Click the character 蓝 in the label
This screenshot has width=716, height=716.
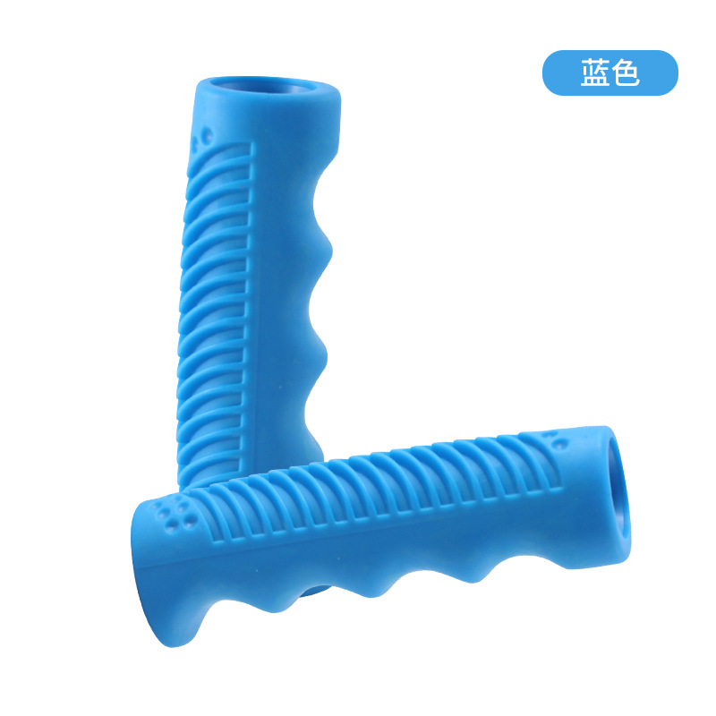click(x=595, y=73)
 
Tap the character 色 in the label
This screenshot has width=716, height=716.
click(x=625, y=73)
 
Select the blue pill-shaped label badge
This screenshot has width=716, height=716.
click(x=610, y=73)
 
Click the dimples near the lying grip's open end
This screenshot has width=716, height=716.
click(x=556, y=439)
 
